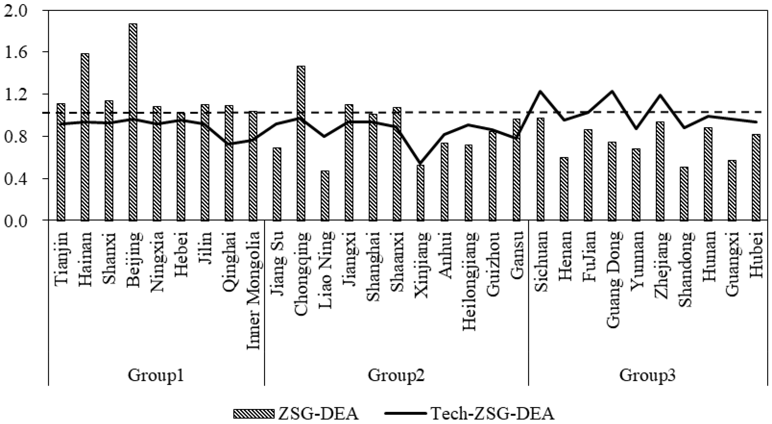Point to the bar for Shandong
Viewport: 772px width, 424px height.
[x=684, y=194]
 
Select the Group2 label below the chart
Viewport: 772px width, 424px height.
[x=396, y=375]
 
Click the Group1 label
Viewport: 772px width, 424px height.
[x=156, y=375]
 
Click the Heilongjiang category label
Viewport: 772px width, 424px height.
[x=469, y=281]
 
